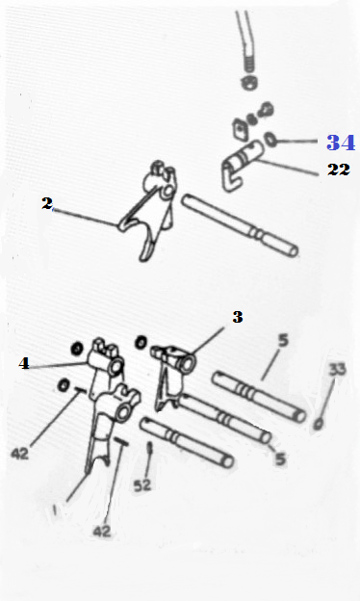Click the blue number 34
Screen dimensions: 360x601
[341, 143]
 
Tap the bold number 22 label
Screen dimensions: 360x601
[339, 170]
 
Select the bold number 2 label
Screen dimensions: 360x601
[47, 203]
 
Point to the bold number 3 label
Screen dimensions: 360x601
[238, 317]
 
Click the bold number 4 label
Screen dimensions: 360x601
[24, 363]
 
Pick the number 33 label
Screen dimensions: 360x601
[337, 370]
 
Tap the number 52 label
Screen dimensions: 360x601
[142, 485]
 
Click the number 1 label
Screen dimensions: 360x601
[55, 510]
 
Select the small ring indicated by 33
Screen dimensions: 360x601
[318, 425]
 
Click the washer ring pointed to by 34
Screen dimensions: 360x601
[270, 140]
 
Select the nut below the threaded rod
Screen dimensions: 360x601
[248, 83]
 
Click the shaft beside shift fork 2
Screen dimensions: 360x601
[240, 225]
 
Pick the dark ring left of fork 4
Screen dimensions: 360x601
[77, 349]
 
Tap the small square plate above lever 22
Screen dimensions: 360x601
[240, 129]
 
